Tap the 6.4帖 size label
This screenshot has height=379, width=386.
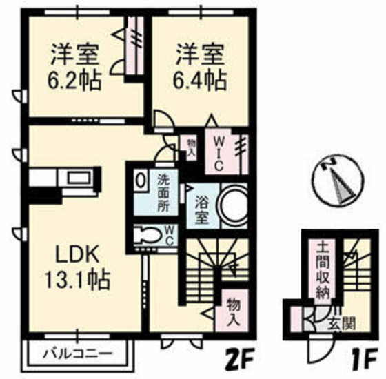tap(199, 79)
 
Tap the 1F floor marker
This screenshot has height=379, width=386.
tap(363, 359)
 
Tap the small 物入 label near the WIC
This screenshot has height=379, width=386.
tap(190, 145)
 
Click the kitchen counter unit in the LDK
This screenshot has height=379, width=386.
tap(65, 181)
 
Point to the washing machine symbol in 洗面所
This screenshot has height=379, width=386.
tap(140, 181)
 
